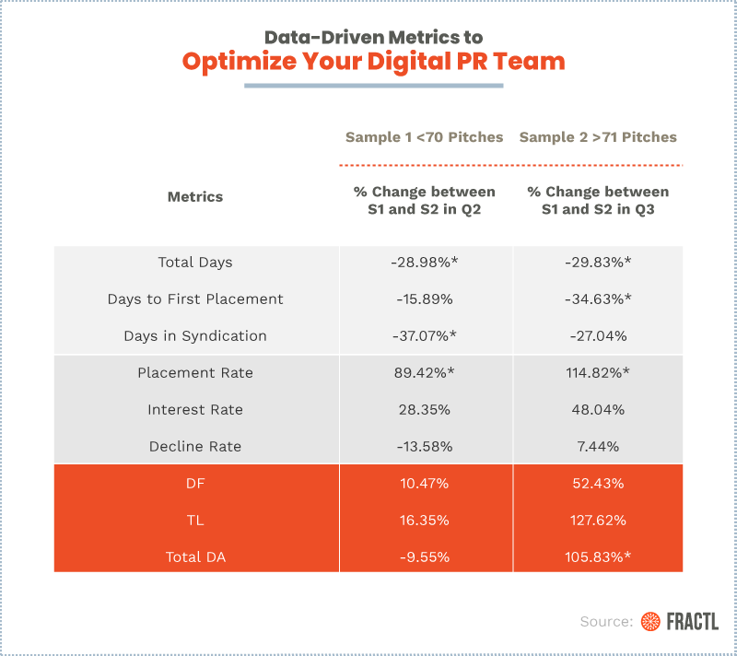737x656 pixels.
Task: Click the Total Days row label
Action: click(x=195, y=263)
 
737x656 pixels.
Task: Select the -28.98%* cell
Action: click(x=425, y=263)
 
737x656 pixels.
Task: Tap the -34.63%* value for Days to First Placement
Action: click(x=598, y=299)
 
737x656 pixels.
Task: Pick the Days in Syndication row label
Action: click(x=195, y=336)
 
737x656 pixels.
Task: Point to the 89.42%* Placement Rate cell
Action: click(x=425, y=373)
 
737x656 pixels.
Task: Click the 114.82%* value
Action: click(x=598, y=373)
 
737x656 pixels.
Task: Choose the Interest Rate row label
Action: click(x=195, y=410)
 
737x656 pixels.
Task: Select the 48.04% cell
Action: click(x=598, y=410)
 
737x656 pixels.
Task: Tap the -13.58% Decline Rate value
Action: click(x=425, y=447)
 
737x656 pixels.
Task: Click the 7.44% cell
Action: click(x=598, y=447)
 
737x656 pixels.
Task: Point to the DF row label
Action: click(x=195, y=484)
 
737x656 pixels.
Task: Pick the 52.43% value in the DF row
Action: click(x=598, y=484)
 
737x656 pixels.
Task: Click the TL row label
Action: click(x=195, y=521)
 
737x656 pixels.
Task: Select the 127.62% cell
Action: click(x=598, y=521)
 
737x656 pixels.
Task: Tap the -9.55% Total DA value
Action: click(x=425, y=557)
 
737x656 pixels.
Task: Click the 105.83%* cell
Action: click(x=598, y=557)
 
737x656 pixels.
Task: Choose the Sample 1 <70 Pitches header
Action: click(x=425, y=137)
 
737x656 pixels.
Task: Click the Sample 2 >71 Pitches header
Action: click(x=598, y=137)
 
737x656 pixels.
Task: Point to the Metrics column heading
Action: click(x=195, y=196)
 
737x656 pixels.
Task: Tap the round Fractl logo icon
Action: click(x=651, y=622)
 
